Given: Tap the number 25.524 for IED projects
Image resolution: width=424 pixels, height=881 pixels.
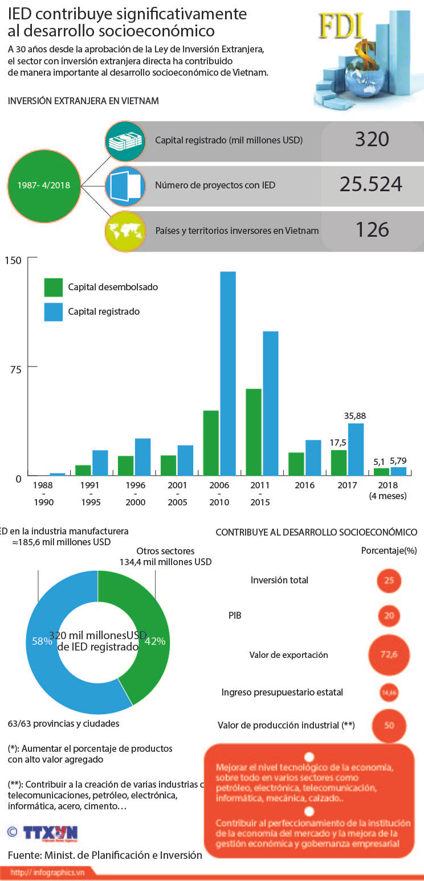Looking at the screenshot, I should tap(371, 184).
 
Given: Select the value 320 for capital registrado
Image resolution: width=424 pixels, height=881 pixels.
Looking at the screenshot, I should tap(372, 139).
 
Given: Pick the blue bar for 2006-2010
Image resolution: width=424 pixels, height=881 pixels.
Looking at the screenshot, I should tap(228, 373).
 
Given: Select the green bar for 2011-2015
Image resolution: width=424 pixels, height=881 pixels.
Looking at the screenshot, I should tap(254, 431).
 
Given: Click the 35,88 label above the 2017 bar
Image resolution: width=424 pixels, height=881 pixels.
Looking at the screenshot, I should tap(355, 415).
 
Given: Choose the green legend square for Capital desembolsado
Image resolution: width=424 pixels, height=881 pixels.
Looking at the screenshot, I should tap(54, 287).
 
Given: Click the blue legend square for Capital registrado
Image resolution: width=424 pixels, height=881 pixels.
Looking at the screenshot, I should tap(54, 312).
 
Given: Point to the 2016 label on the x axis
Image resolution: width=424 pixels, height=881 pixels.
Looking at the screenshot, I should tap(304, 485).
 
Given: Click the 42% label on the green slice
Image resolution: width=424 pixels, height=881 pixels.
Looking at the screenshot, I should tap(155, 641).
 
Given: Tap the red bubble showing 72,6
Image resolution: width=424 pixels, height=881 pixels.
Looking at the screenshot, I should tap(389, 654).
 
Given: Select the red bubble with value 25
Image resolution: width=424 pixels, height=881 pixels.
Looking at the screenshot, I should tap(389, 581).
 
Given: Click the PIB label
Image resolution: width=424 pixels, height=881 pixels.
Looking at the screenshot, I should tap(235, 615).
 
